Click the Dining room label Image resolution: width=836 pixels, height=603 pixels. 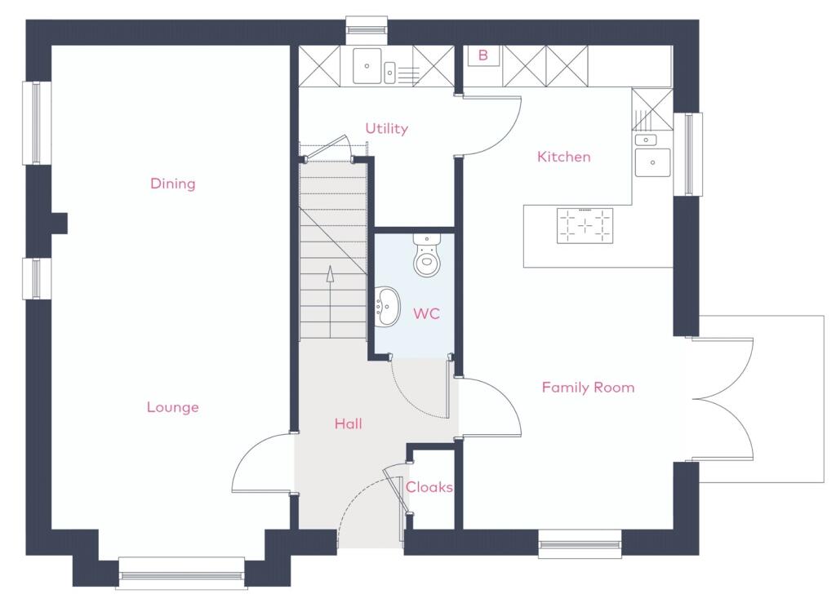point(172,184)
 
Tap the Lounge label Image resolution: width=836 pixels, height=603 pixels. point(172,407)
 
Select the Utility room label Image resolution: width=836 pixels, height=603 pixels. point(386,128)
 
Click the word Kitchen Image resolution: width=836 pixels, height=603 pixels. point(563,157)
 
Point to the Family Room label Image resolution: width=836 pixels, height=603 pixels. point(588,388)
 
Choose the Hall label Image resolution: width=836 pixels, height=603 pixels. point(348,423)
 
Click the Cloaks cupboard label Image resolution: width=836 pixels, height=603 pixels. point(429,487)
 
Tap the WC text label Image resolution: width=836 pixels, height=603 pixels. point(426,313)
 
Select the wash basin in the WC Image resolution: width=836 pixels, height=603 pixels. point(387,306)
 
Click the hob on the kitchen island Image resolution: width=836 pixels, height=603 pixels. point(585,226)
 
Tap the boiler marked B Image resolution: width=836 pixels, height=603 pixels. point(483,55)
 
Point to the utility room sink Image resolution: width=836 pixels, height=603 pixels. point(367,65)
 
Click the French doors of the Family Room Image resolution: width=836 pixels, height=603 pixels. point(723,400)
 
